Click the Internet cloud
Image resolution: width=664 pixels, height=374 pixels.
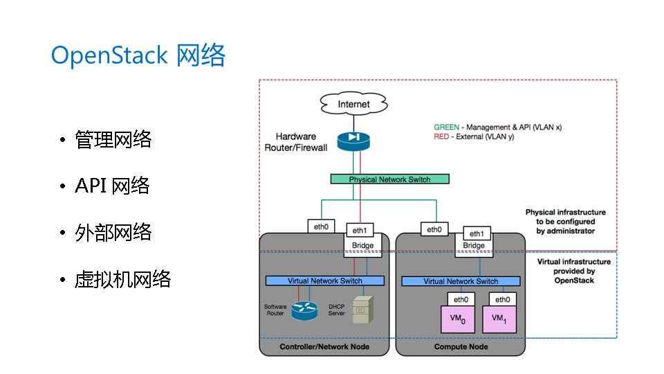(x=353, y=104)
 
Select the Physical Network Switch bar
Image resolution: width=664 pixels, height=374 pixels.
(x=389, y=179)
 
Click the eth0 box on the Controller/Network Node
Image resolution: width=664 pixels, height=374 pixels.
(x=321, y=226)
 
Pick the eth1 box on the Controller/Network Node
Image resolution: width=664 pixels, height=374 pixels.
(x=360, y=231)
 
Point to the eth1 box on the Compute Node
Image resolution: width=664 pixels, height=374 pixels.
(x=477, y=233)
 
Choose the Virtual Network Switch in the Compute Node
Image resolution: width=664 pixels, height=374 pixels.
(x=461, y=281)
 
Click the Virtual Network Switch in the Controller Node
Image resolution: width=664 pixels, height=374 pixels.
(x=325, y=281)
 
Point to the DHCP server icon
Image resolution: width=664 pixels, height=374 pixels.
(x=360, y=310)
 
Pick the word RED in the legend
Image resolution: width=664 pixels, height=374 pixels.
(x=442, y=137)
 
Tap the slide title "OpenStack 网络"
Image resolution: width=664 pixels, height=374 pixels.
(x=138, y=56)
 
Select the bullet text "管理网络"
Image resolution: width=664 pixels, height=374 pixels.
(x=113, y=140)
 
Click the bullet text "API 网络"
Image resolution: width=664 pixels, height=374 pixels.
(x=112, y=186)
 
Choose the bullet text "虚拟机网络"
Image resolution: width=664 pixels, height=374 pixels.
(x=123, y=279)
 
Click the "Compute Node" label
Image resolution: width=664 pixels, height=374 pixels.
(x=461, y=346)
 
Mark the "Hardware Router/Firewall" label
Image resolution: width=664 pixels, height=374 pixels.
(x=296, y=142)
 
